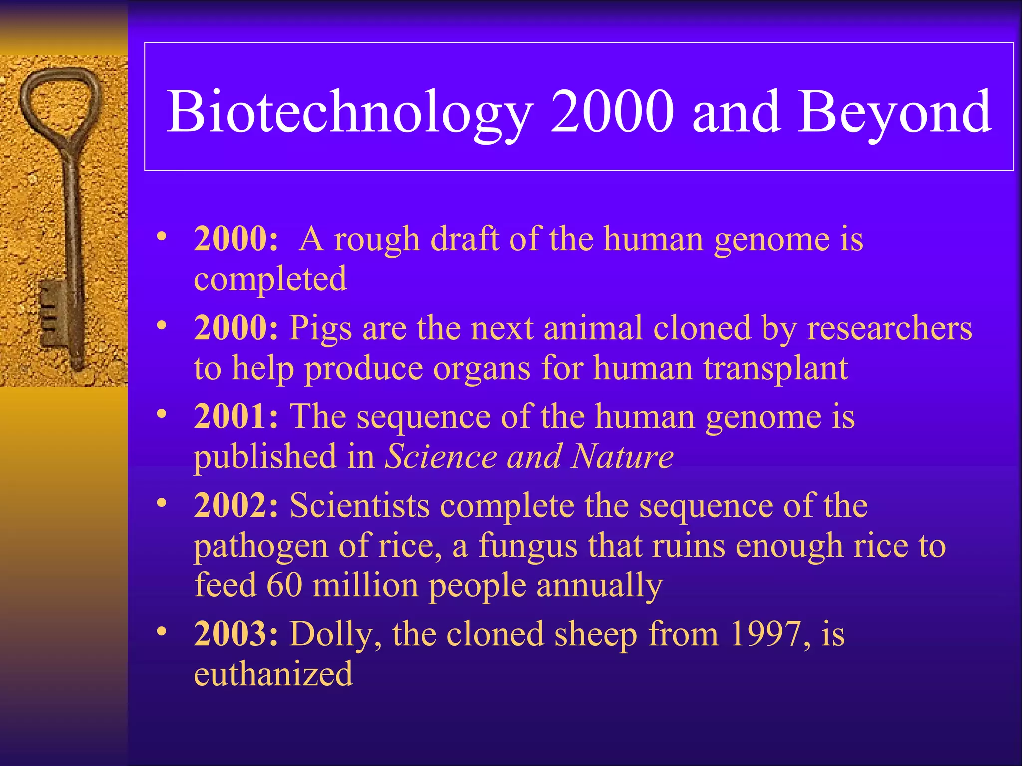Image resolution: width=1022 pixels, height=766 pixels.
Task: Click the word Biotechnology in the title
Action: pos(349,112)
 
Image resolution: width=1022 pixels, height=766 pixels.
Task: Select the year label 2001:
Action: pos(236,416)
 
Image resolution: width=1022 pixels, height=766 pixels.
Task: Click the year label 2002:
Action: pos(236,505)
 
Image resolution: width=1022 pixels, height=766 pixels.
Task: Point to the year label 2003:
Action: pos(236,634)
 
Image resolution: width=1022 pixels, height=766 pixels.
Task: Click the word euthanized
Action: pos(273,674)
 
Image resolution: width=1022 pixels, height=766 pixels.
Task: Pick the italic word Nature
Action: pos(622,456)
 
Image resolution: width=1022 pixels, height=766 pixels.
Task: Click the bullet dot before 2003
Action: pos(161,631)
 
